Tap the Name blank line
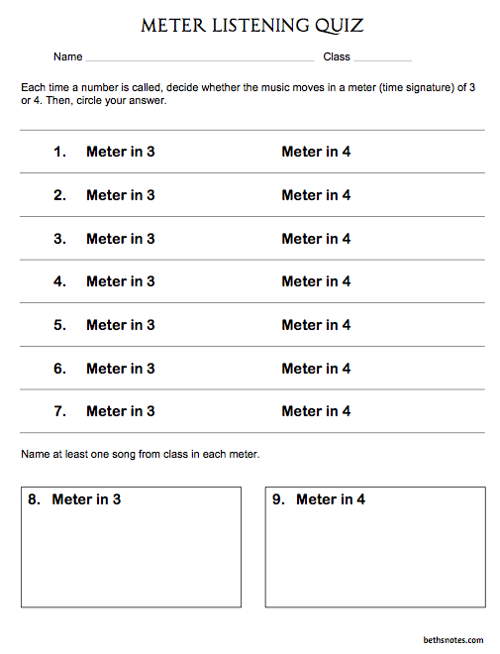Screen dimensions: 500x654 pyautogui.click(x=198, y=58)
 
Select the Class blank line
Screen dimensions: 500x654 pyautogui.click(x=382, y=58)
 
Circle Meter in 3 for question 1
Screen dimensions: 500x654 pyautogui.click(x=121, y=152)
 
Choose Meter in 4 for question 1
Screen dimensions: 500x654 pyautogui.click(x=316, y=152)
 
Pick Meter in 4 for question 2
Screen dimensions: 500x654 pyautogui.click(x=316, y=195)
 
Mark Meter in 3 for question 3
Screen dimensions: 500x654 pyautogui.click(x=121, y=239)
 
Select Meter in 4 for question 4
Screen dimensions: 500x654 pyautogui.click(x=316, y=281)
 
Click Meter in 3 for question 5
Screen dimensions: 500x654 pyautogui.click(x=121, y=325)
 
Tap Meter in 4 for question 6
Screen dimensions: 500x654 pyautogui.click(x=316, y=369)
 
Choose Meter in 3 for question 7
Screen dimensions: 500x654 pyautogui.click(x=121, y=411)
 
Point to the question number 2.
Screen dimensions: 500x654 pyautogui.click(x=59, y=195)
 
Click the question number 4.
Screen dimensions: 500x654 pyautogui.click(x=59, y=281)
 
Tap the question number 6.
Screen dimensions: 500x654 pyautogui.click(x=59, y=369)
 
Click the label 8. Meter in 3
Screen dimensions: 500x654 pyautogui.click(x=74, y=499)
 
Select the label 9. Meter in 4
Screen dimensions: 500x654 pyautogui.click(x=319, y=499)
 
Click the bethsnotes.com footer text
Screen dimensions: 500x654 pyautogui.click(x=451, y=640)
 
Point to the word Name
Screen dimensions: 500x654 pyautogui.click(x=67, y=57)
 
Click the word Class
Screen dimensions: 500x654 pyautogui.click(x=337, y=57)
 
